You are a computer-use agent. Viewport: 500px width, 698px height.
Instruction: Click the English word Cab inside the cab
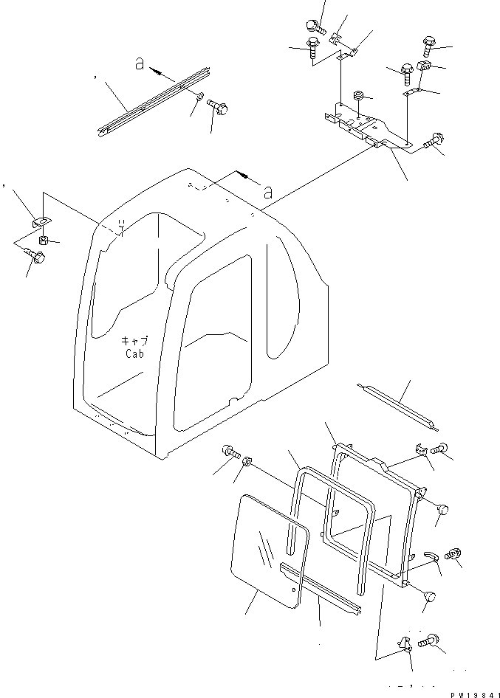[x=134, y=353]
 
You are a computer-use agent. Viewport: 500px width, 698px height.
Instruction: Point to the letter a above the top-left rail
[x=139, y=65]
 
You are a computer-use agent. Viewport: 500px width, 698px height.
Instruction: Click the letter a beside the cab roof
[x=267, y=192]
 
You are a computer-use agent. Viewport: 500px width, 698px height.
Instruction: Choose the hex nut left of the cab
[x=43, y=240]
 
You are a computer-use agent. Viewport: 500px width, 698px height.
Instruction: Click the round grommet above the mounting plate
[x=359, y=96]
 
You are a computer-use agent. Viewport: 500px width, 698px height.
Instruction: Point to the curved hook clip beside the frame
[x=433, y=555]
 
